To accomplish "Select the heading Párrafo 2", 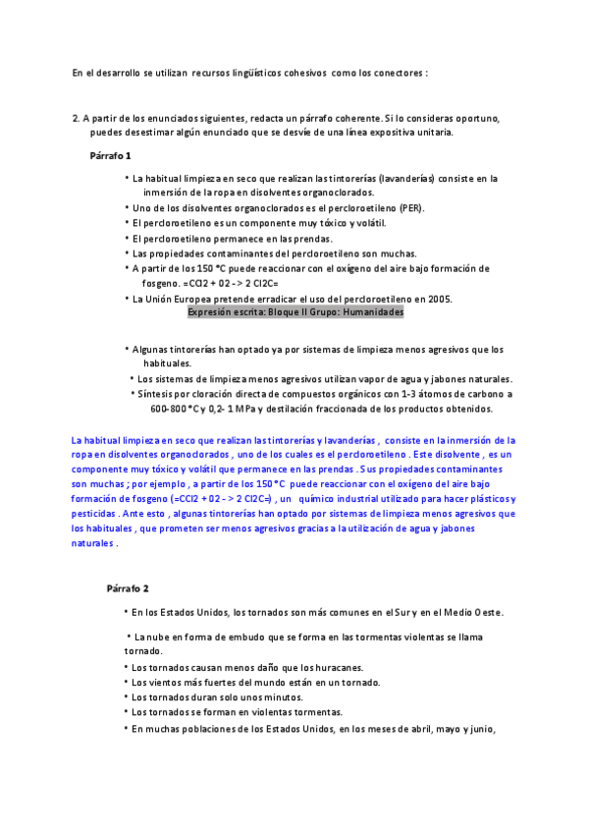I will click(x=128, y=588).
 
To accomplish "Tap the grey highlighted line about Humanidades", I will click(x=295, y=311).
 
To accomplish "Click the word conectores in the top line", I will click(x=399, y=73).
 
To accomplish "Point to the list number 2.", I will click(x=76, y=118).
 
